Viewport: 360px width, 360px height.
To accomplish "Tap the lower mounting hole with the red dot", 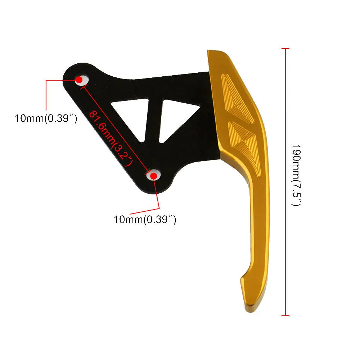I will point(153,175).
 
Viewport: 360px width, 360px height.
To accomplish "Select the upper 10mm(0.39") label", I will point(46,118).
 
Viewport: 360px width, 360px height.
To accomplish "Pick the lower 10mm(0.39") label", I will point(145,219).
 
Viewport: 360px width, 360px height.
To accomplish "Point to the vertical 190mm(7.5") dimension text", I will point(296,175).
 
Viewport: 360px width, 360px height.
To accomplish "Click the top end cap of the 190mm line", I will point(285,48).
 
